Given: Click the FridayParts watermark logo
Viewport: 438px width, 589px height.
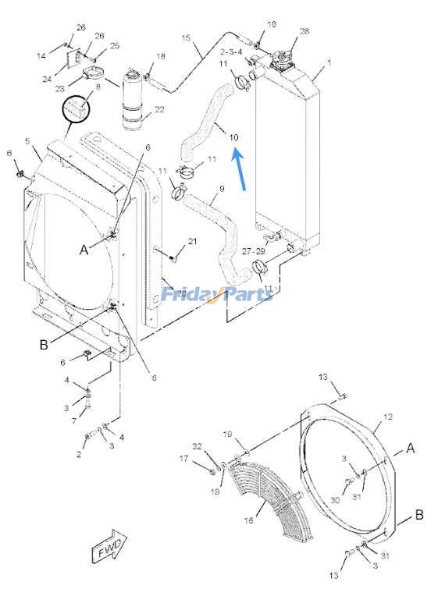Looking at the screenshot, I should coord(217,295).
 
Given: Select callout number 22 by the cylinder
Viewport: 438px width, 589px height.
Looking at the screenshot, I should coord(159,109).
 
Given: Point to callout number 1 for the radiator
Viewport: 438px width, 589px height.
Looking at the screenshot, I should coord(329,62).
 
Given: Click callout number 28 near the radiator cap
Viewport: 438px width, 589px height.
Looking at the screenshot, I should coord(304,31).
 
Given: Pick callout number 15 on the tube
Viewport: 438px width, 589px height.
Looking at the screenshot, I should coord(186,37).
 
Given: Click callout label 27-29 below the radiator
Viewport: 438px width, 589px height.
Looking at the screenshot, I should coord(254,252).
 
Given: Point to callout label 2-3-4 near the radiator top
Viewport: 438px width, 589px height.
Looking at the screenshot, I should coord(231,51).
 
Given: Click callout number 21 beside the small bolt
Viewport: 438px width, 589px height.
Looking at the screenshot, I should coord(192,241).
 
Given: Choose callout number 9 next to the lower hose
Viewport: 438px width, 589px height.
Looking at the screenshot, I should coord(221,188).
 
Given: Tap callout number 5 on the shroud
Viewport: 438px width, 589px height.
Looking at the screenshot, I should coord(27,141).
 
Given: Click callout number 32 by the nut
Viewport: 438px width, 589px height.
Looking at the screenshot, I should coord(197,447).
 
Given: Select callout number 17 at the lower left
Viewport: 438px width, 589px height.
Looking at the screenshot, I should coord(184,459).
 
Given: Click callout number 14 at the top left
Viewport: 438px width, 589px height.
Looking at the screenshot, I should coord(41,55).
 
